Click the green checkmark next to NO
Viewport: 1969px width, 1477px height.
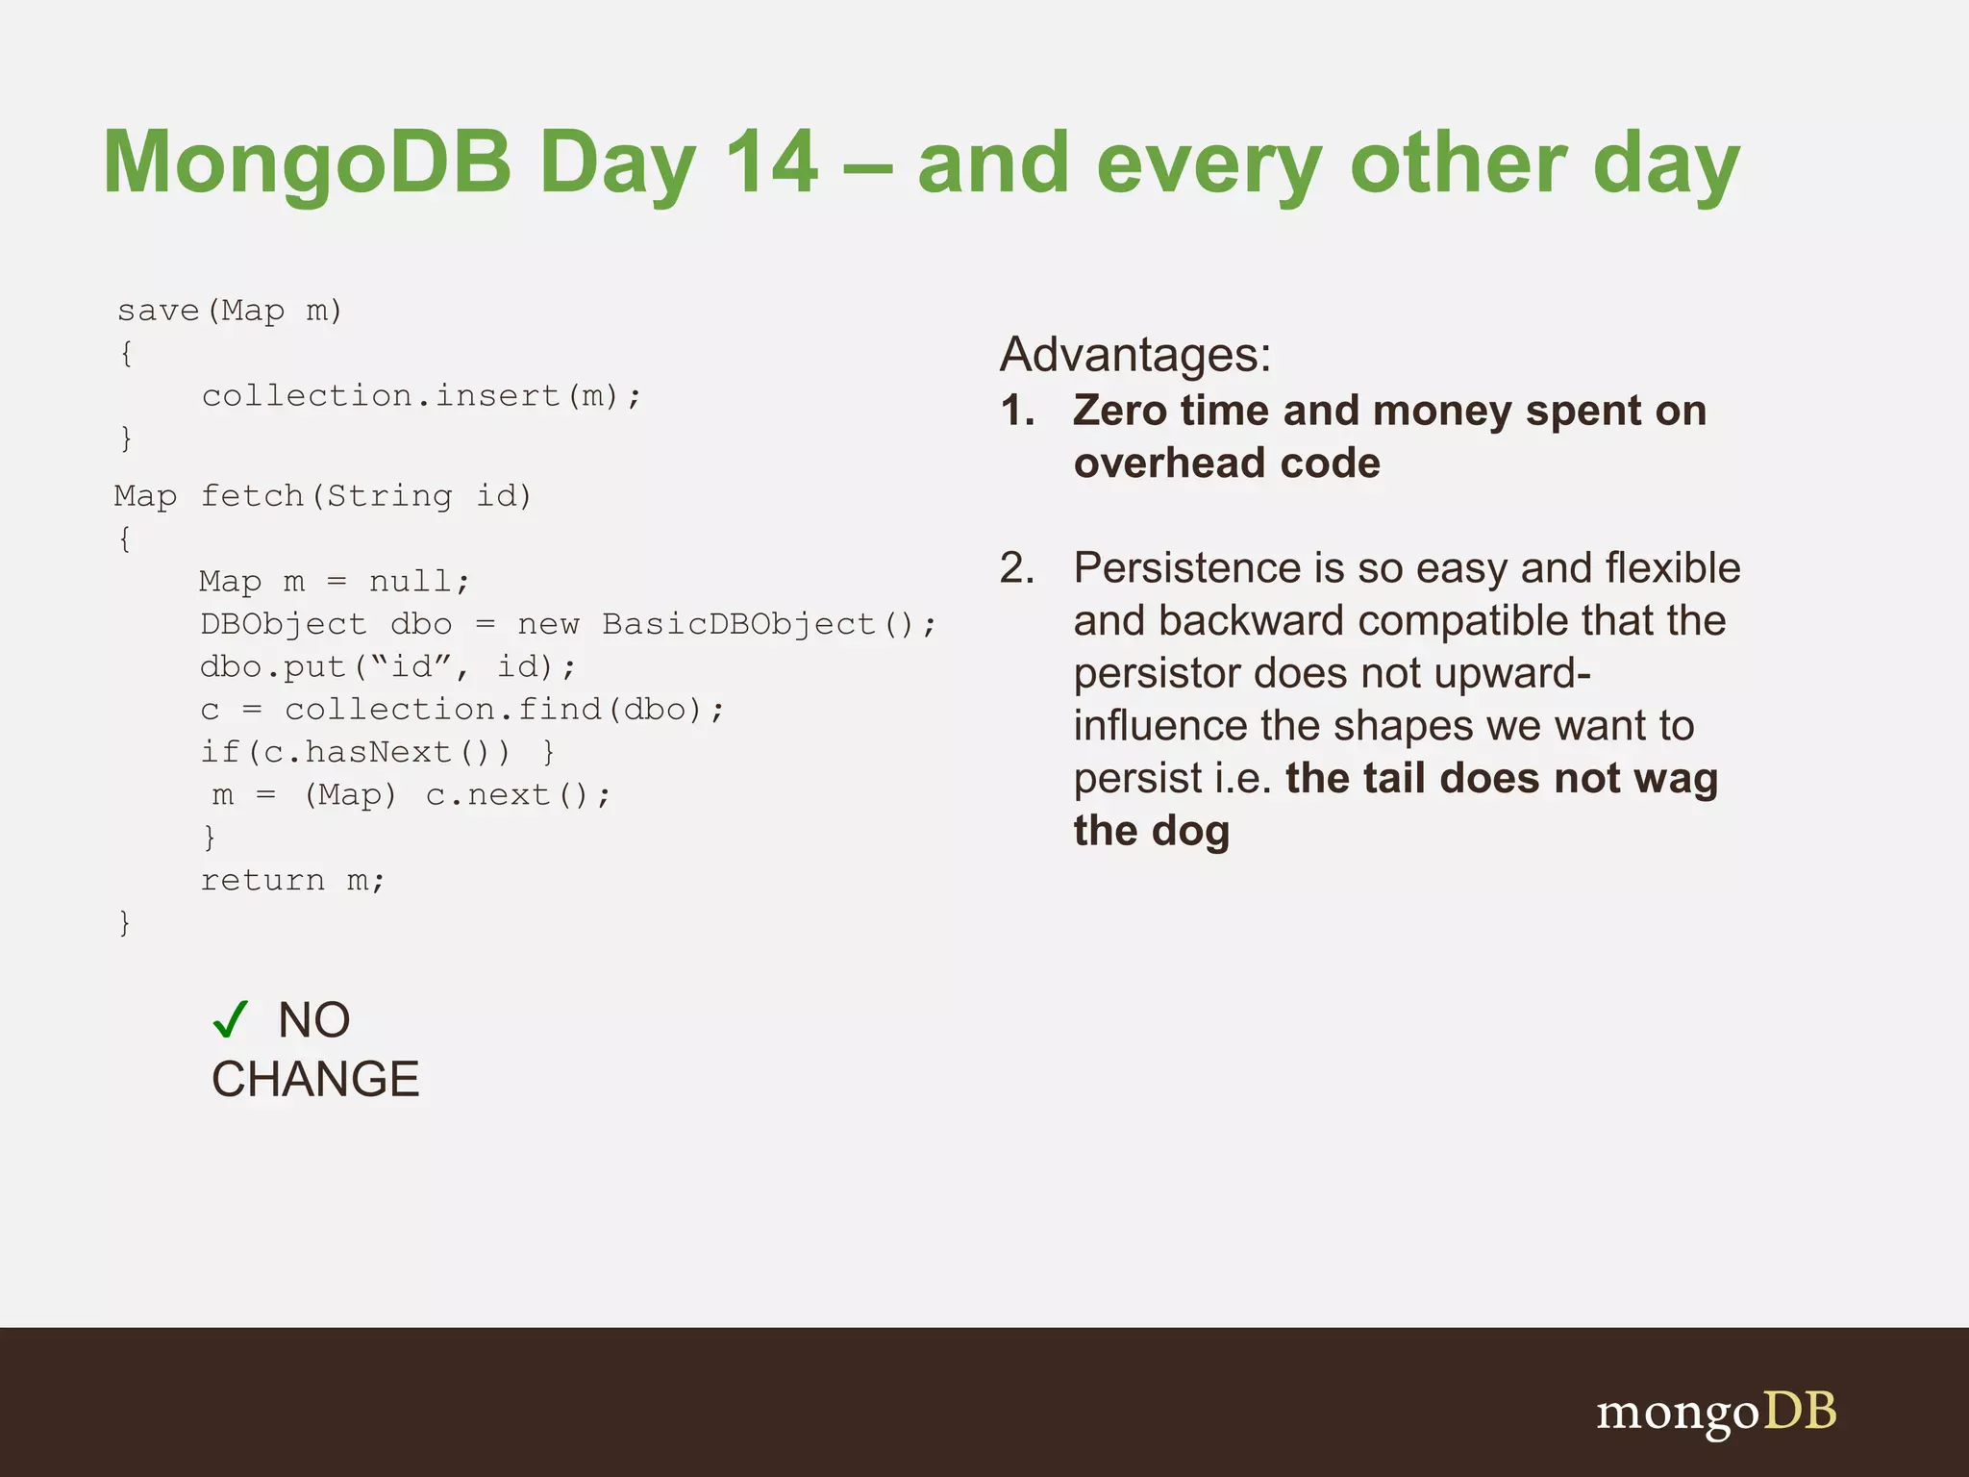(x=231, y=1019)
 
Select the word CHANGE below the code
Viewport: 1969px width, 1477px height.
(x=315, y=1079)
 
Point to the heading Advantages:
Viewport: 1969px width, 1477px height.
(x=1135, y=355)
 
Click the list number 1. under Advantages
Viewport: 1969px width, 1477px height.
(x=1017, y=412)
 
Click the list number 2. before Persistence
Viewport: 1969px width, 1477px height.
(x=1017, y=568)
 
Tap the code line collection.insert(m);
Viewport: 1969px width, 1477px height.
(x=421, y=396)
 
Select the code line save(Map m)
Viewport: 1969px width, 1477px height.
(x=230, y=311)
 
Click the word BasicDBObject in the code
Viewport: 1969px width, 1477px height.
(x=738, y=624)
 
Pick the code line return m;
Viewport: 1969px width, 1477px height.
(x=292, y=880)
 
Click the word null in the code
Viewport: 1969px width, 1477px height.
(x=411, y=582)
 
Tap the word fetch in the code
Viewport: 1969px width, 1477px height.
(x=252, y=496)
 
